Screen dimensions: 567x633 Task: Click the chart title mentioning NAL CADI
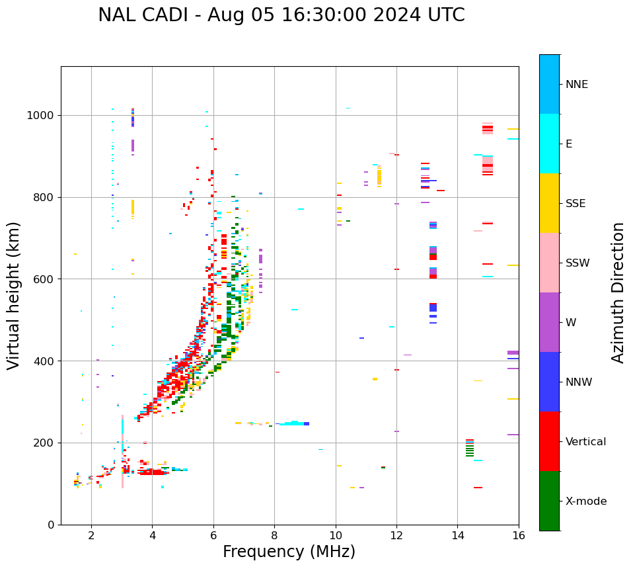(x=281, y=15)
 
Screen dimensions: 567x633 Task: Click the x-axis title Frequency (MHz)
(x=289, y=552)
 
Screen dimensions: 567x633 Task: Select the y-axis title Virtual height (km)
(x=14, y=296)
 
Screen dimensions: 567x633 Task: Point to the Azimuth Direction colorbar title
(x=618, y=292)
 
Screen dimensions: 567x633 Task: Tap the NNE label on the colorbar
(x=576, y=85)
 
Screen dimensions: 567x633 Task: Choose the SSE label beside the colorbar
(x=575, y=204)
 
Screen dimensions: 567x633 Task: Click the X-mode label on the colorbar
(x=585, y=502)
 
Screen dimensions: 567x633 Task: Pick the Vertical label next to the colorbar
(x=585, y=442)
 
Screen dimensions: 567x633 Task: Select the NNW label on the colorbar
(x=579, y=382)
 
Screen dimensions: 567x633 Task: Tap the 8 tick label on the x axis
(x=274, y=536)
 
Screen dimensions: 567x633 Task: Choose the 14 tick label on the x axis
(x=457, y=536)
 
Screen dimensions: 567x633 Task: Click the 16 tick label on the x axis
(x=519, y=536)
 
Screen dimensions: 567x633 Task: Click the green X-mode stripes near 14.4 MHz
(x=470, y=449)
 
